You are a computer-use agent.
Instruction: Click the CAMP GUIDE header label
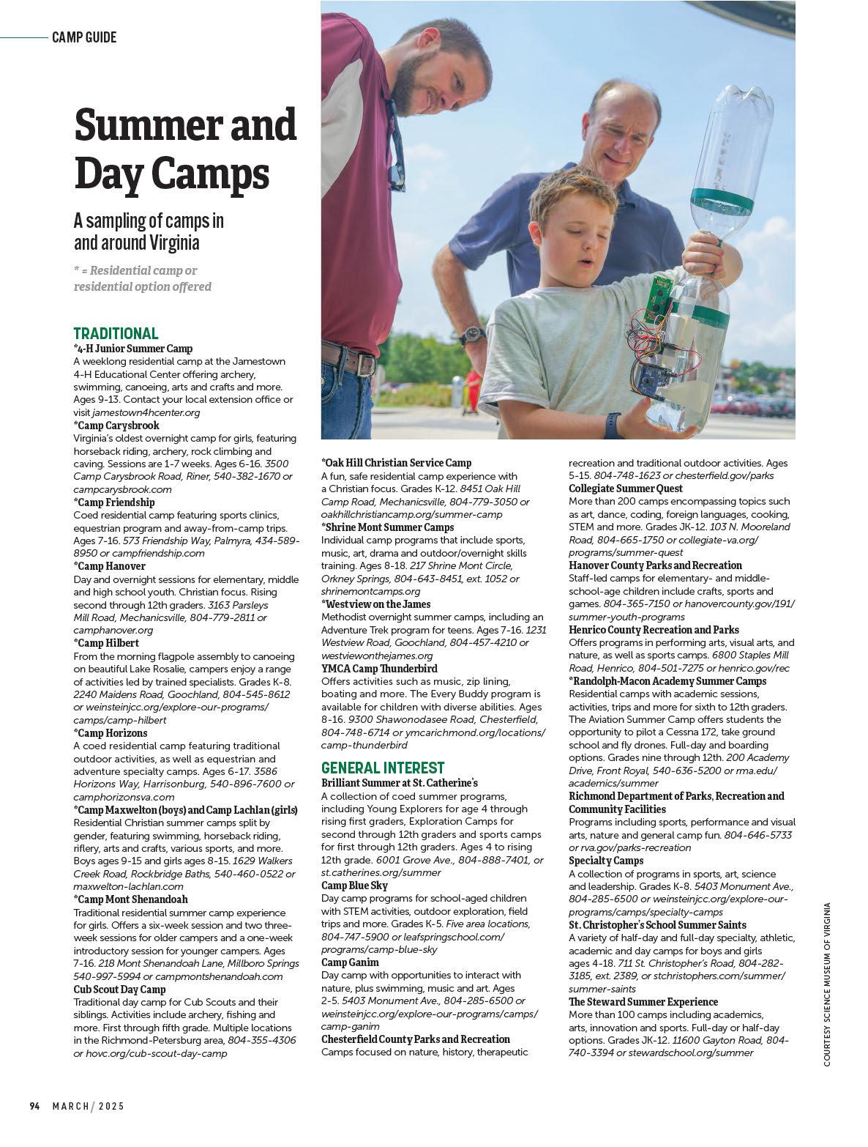(x=84, y=37)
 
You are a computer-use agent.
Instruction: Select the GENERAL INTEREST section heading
(x=383, y=768)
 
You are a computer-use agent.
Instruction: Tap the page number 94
(x=34, y=1106)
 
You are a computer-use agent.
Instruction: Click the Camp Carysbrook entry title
(x=116, y=426)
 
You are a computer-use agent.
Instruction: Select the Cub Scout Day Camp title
(x=120, y=990)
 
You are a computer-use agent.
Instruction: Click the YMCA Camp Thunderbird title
(x=379, y=669)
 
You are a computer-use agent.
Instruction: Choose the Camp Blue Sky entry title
(x=354, y=886)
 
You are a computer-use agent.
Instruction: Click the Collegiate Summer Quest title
(x=626, y=489)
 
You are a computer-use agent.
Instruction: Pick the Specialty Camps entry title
(x=606, y=861)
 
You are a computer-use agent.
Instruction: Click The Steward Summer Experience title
(x=643, y=1002)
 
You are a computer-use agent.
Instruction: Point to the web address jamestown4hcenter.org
(x=146, y=412)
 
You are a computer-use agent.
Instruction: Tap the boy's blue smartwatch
(x=613, y=423)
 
